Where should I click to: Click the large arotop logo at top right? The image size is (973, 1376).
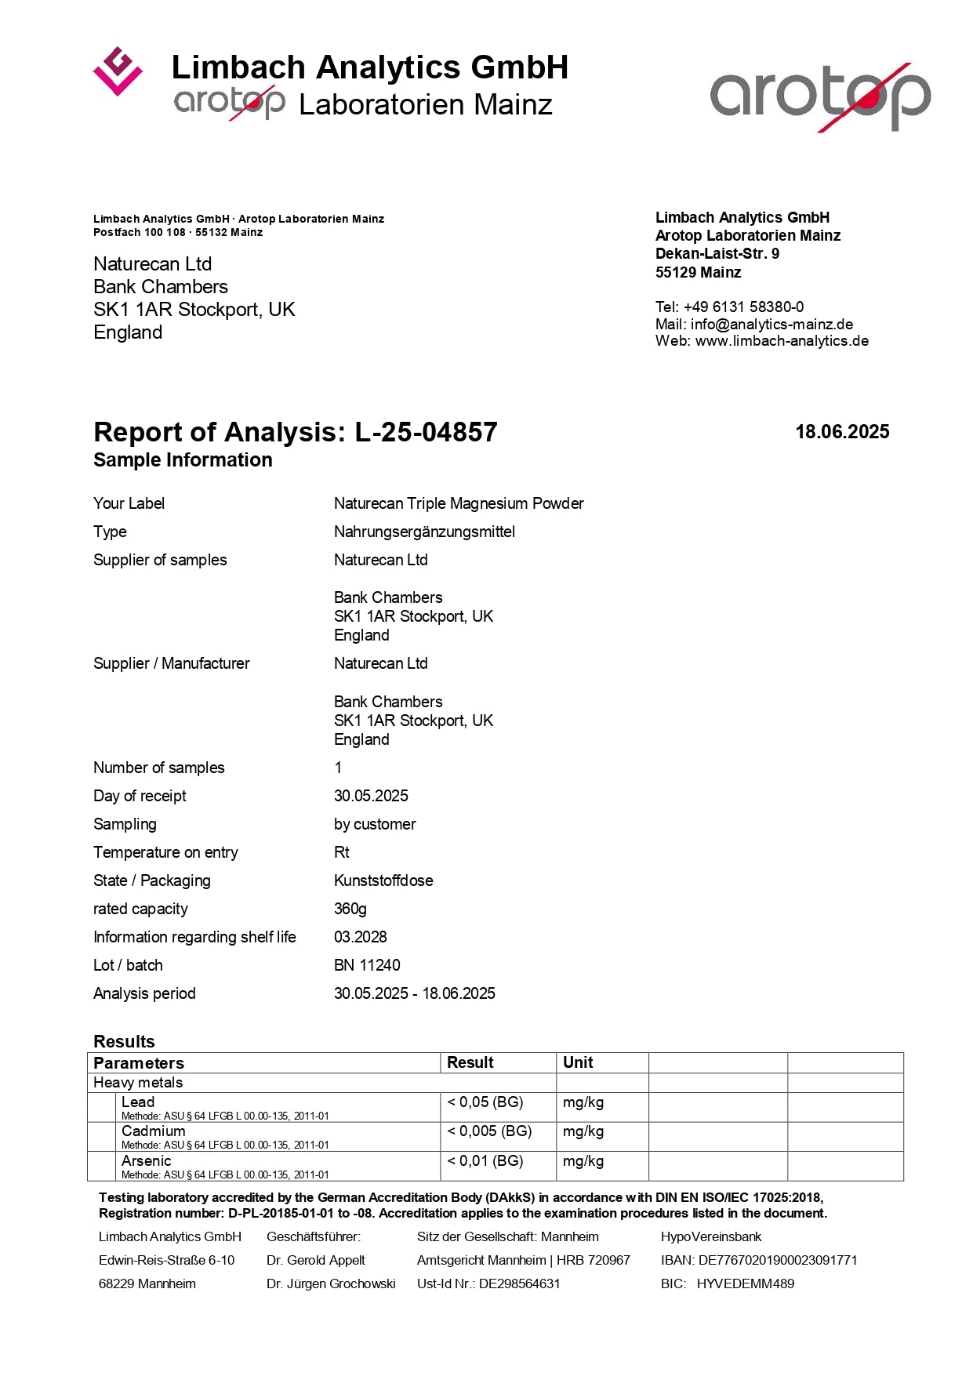(x=820, y=96)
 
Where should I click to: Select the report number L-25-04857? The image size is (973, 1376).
(x=426, y=432)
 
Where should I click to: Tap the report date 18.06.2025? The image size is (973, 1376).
(x=842, y=432)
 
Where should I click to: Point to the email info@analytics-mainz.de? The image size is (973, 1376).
(x=772, y=324)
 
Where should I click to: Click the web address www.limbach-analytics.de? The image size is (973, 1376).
(x=782, y=341)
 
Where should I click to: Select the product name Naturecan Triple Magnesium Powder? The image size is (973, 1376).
(x=459, y=503)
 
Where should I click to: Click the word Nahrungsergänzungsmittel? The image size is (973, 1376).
(x=424, y=532)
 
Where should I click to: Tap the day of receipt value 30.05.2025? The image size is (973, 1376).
(x=371, y=796)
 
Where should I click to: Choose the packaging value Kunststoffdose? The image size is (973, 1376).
(x=383, y=880)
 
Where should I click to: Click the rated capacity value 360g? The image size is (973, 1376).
(x=350, y=909)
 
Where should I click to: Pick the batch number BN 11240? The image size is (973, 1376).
(x=367, y=965)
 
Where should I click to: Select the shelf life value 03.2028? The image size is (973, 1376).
(x=361, y=937)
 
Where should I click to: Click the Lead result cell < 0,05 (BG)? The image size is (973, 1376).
(x=485, y=1102)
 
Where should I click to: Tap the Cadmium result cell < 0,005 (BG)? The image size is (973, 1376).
(x=489, y=1131)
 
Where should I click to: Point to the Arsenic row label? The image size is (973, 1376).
(x=147, y=1161)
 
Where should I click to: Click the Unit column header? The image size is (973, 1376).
(x=578, y=1062)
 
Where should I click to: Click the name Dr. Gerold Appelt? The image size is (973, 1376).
(x=315, y=1260)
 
